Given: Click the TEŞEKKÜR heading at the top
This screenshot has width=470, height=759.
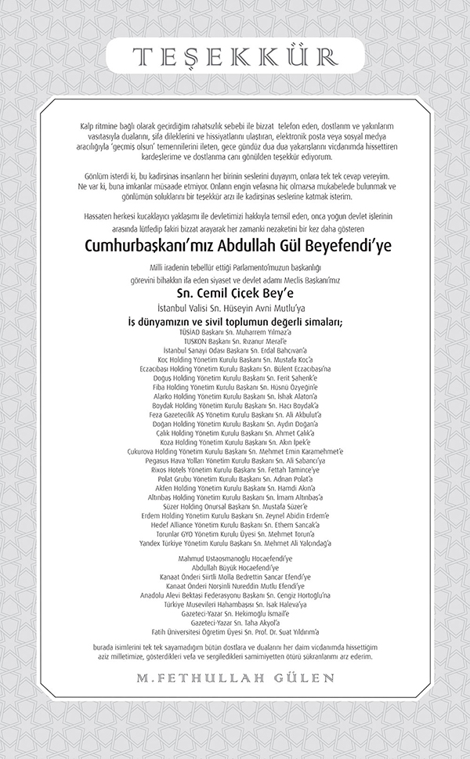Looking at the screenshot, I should point(235,55).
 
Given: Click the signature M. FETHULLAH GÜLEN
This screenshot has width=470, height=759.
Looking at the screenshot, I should point(235,677).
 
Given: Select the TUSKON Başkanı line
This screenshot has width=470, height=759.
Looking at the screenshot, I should point(235,342).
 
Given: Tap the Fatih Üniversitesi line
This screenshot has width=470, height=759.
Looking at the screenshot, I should point(235,631).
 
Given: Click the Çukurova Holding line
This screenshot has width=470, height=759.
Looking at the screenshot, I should point(235,450).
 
